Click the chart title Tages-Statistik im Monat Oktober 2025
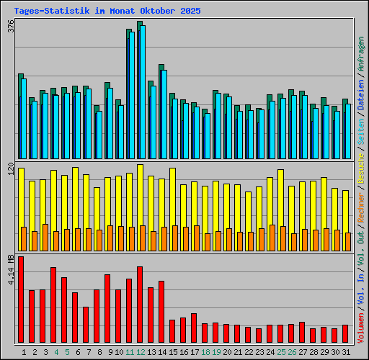(x=107, y=12)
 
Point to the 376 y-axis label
(x=10, y=27)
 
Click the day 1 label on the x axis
(x=24, y=352)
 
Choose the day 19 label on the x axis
(x=216, y=352)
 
